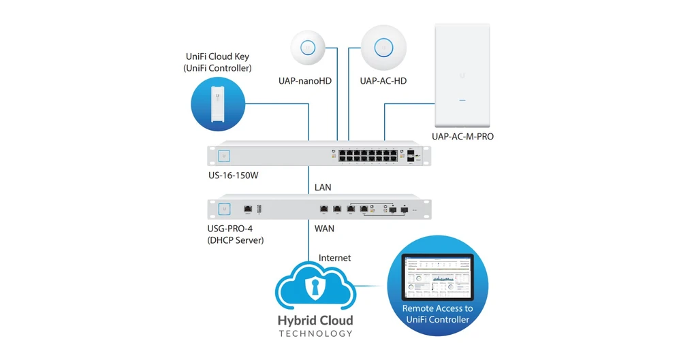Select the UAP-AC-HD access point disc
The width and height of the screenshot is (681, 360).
384,48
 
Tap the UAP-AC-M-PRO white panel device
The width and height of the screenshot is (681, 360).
462,75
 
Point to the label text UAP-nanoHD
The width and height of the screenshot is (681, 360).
306,81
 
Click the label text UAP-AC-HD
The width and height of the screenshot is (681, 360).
384,81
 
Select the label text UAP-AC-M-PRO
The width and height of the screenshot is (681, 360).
462,136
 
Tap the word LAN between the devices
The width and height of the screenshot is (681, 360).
323,186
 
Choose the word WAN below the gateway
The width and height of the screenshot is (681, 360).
324,229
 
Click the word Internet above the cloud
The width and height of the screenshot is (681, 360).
334,258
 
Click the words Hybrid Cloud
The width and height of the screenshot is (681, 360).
316,320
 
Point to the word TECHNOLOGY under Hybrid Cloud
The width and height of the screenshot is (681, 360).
316,333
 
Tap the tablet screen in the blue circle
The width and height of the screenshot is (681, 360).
437,278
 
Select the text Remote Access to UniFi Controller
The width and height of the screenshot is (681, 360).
437,314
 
